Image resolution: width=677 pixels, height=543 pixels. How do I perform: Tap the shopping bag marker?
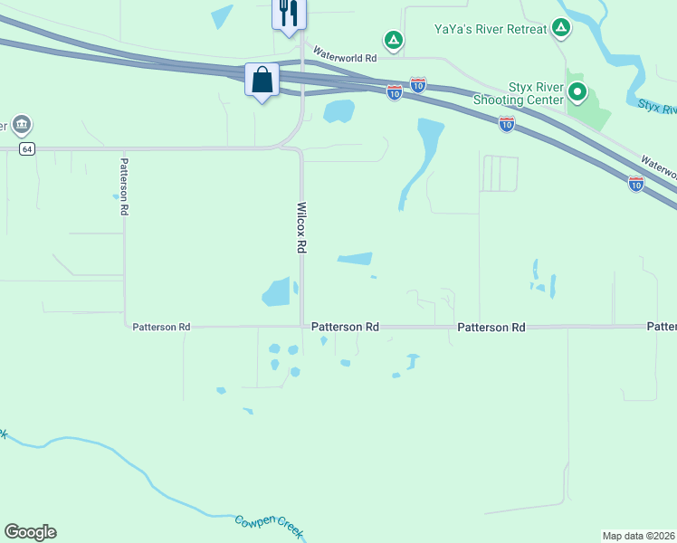pos(262,80)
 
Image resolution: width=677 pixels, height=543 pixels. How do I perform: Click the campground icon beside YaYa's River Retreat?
pos(562,28)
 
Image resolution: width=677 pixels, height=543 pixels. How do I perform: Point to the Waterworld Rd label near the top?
pos(345,57)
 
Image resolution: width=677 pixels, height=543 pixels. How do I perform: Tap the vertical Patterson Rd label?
pos(124,186)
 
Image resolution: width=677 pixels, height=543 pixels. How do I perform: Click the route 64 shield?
pos(29,148)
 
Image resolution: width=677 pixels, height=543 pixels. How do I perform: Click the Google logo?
pos(30,532)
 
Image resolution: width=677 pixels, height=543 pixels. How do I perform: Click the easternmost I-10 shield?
pos(636,184)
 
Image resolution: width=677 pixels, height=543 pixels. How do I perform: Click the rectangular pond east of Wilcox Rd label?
pos(355,259)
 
